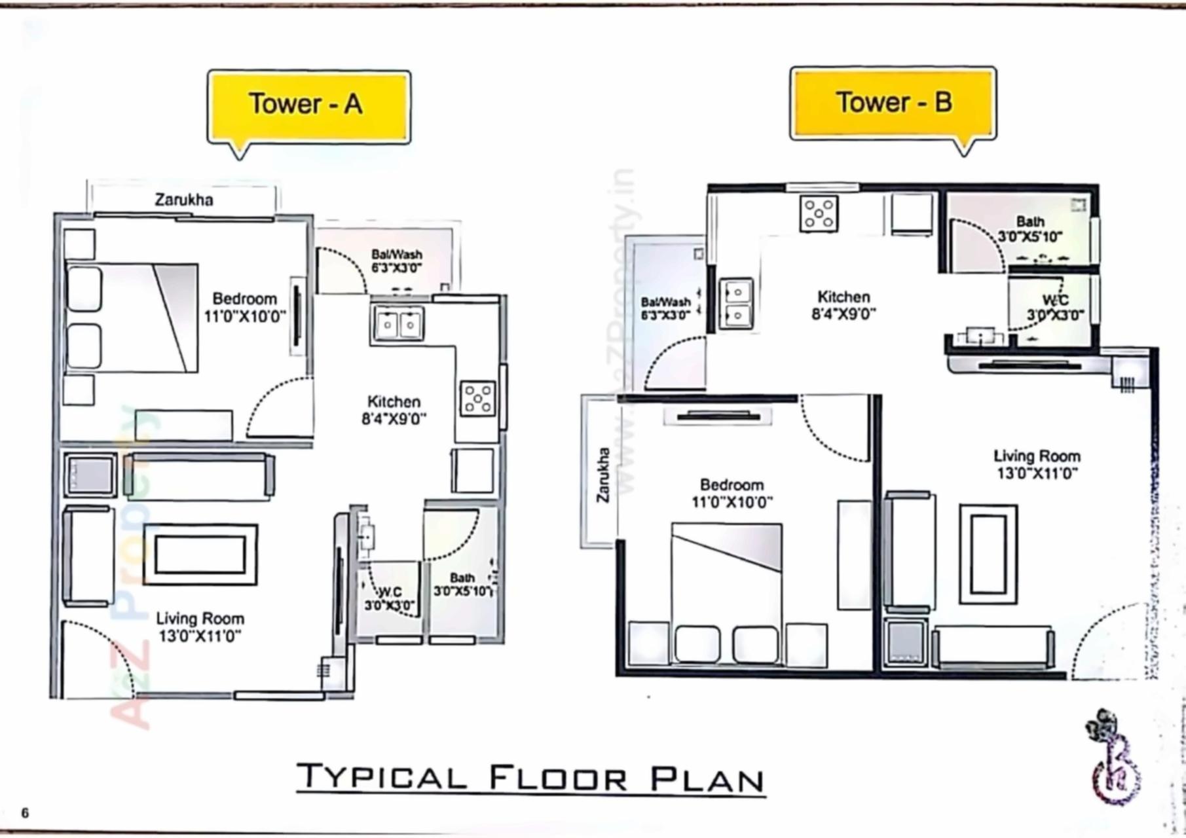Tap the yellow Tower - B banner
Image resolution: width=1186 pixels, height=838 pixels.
coord(893,103)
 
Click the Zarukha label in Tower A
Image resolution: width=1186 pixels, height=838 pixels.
coord(184,200)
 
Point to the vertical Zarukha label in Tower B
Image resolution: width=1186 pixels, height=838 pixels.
coord(603,475)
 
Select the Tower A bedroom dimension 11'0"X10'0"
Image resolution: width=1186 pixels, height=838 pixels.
coord(246,317)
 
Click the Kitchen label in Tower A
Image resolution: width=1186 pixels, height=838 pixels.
coord(394,401)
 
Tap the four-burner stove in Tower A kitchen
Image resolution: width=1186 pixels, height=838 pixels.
coord(477,398)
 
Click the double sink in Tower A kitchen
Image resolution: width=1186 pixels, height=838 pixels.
coord(398,323)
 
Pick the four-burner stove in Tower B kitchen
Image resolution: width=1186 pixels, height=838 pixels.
coord(819,213)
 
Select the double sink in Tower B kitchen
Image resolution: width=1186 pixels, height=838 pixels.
coord(736,303)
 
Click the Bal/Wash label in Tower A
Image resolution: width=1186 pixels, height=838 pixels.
coord(396,254)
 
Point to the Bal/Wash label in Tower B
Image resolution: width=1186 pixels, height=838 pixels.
coord(665,302)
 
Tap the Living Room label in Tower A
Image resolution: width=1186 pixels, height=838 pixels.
coord(200,619)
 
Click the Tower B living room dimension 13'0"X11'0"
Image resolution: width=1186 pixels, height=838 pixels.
coord(1037,473)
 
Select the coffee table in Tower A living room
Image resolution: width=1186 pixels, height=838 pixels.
coord(200,554)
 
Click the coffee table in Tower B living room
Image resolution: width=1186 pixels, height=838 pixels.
coord(988,553)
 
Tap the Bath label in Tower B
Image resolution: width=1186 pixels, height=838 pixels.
coord(1030,221)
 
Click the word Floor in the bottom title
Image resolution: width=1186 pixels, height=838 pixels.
coord(557,778)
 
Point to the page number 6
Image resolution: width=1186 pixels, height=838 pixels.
coord(25,813)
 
